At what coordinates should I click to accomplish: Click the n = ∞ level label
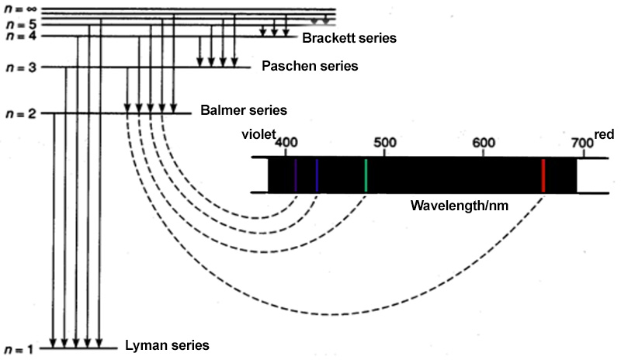click(19, 10)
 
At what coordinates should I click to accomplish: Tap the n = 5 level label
click(19, 24)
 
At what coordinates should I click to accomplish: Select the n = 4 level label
click(19, 36)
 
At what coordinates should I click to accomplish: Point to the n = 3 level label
click(20, 67)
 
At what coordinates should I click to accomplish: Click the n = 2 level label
click(20, 114)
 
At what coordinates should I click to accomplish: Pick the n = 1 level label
click(20, 349)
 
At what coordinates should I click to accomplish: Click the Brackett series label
click(349, 37)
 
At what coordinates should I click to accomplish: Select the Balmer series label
click(243, 111)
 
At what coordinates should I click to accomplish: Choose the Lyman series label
click(167, 344)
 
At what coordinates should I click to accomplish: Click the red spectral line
click(543, 175)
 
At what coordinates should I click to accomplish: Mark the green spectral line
click(366, 175)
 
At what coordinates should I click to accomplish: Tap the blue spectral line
click(317, 175)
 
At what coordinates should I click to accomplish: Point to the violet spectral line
click(296, 175)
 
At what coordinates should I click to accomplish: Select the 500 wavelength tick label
click(385, 143)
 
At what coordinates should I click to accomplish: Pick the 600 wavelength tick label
click(484, 143)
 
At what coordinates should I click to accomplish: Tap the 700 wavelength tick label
click(581, 143)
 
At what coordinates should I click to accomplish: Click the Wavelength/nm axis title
click(454, 207)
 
